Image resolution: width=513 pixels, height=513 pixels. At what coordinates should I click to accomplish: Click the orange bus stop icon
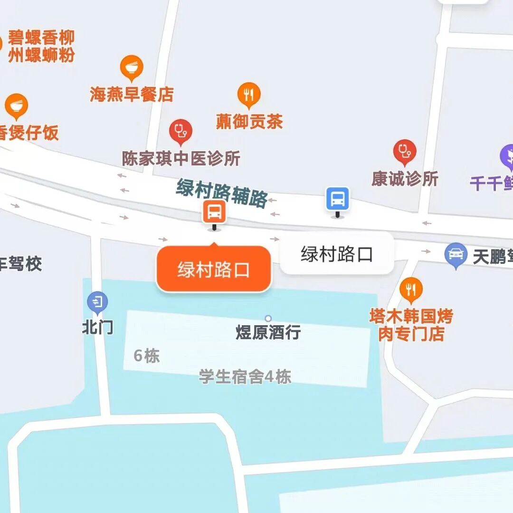pos(214,212)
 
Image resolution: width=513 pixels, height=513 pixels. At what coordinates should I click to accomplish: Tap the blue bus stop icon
pos(338,199)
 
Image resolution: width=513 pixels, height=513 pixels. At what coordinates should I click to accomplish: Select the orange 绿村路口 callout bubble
pos(214,269)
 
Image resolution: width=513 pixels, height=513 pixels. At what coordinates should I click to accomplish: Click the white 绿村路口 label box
pos(337,254)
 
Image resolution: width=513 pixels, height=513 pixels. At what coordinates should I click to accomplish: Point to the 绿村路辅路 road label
pos(222,193)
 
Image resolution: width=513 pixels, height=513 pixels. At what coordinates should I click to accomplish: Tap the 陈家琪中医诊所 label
pos(181,158)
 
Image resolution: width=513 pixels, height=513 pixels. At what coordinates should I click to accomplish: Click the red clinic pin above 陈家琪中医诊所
pos(180,130)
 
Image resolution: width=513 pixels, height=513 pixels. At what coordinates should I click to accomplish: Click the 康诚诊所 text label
pos(405,179)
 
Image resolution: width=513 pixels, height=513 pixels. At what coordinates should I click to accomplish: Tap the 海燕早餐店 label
pos(132,94)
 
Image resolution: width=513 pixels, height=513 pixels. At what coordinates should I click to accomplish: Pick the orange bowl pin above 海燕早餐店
pos(132,67)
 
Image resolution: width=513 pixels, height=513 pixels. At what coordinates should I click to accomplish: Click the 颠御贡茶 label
pos(249,121)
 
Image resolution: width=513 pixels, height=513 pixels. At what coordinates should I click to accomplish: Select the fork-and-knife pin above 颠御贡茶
pos(249,94)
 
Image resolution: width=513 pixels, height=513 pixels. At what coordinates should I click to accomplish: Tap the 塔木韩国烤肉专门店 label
pos(411,325)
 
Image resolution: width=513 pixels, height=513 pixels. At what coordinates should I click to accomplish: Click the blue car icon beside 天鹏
pos(456,254)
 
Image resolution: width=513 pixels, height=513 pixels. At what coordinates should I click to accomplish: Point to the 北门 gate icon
pos(97,301)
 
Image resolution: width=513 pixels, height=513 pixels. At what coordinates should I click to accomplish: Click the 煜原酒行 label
pos(268,332)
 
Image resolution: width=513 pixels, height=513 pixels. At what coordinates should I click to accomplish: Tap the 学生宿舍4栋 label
pos(245,377)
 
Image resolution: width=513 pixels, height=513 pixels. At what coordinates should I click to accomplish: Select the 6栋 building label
pos(147,356)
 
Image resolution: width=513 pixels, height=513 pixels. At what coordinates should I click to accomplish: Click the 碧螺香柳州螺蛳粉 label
pos(41,47)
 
